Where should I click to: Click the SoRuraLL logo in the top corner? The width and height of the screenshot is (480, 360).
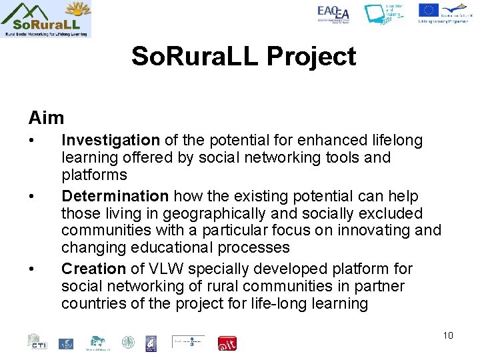46,19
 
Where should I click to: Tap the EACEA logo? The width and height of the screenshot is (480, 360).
333,14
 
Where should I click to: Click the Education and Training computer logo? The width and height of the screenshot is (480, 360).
384,14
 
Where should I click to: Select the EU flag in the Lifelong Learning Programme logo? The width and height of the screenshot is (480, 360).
428,10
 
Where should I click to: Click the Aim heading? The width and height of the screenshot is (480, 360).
46,118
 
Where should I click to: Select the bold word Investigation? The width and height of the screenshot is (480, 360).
110,140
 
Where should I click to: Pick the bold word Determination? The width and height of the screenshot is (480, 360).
115,196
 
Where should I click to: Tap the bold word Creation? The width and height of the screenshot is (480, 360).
93,269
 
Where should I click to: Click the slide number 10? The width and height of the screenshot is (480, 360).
447,335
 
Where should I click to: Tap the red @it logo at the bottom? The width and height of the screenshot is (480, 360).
227,343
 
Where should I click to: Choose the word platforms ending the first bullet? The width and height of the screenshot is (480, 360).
94,175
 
